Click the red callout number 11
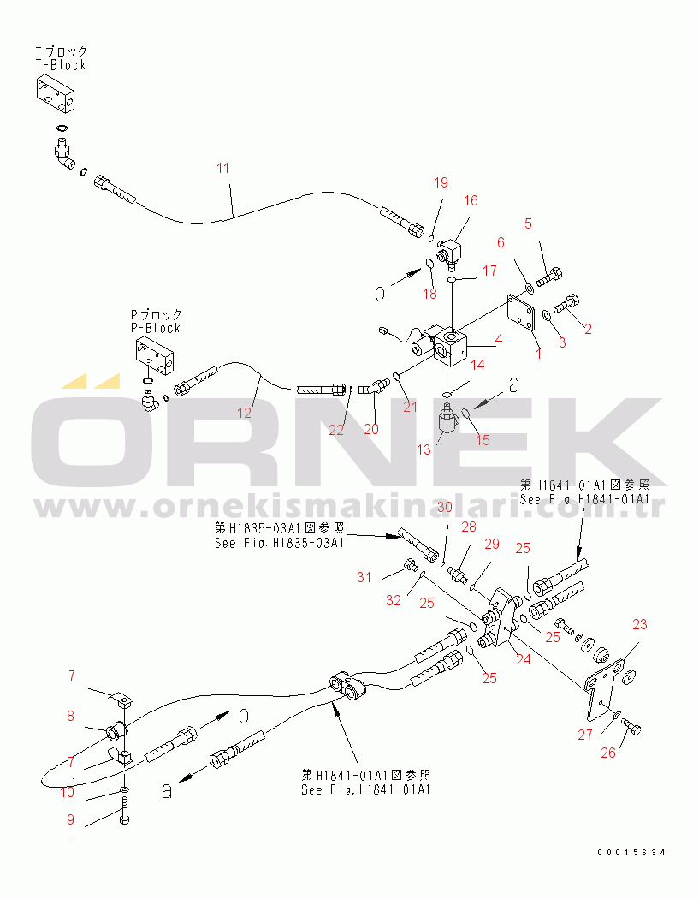coord(223,168)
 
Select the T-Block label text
coord(61,65)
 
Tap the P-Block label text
coord(155,328)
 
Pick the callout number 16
coord(471,200)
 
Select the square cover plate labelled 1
coord(521,312)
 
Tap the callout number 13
coord(424,449)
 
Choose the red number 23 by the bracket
coord(639,624)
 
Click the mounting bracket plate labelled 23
coord(602,690)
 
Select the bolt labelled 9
coord(124,810)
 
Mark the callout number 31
coord(364,577)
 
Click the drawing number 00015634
coord(631,853)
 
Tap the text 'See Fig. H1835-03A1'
coord(280,542)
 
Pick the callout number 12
coord(244,413)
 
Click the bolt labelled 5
coord(549,277)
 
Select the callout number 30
coord(445,507)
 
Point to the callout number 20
coord(371,429)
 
